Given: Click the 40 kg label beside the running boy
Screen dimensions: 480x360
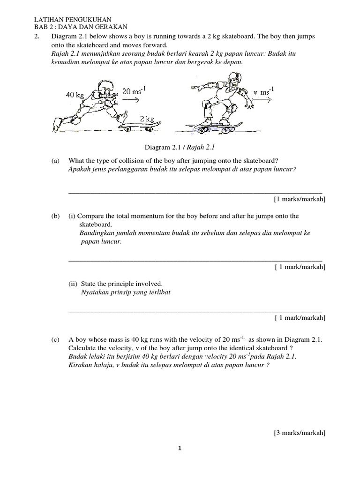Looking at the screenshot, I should tap(75, 95).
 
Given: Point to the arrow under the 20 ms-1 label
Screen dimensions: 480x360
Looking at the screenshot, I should tap(131, 100).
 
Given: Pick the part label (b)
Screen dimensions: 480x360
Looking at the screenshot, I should tap(56, 216).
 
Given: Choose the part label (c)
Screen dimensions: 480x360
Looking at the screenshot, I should tap(56, 339).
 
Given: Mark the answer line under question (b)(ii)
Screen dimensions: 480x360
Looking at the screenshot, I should tap(195, 311).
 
